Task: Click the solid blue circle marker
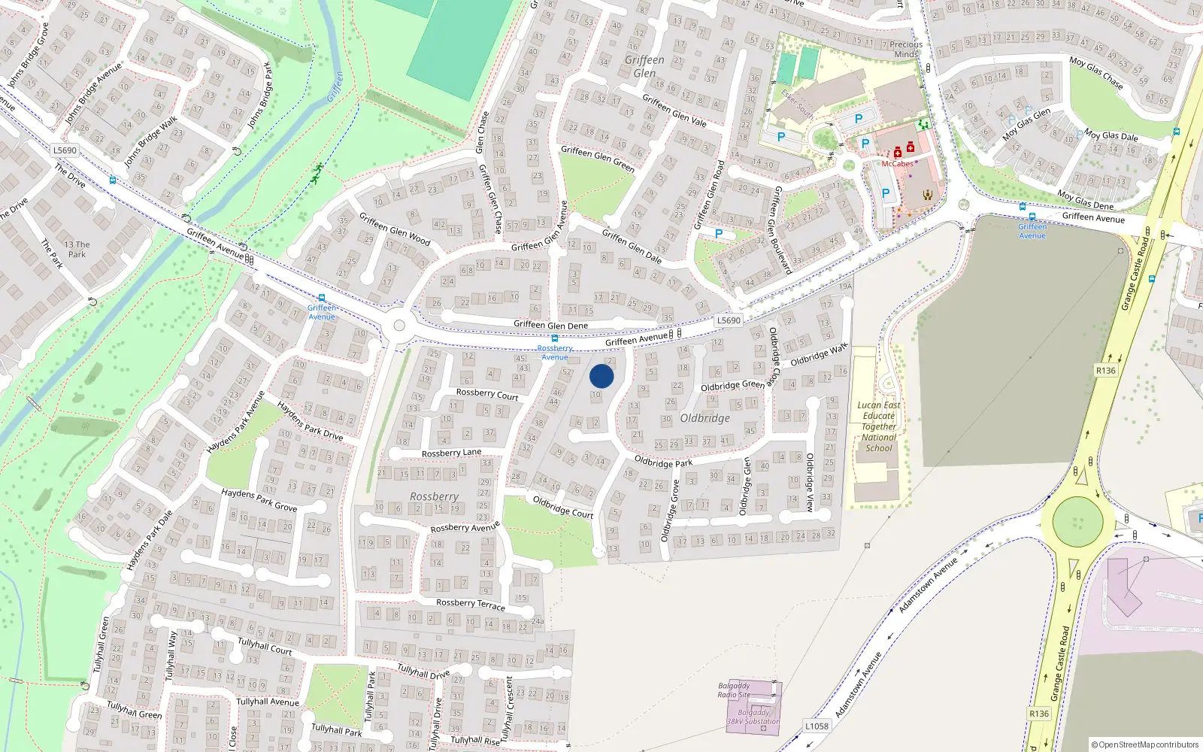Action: [x=601, y=376]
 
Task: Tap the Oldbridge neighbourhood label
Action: [x=705, y=418]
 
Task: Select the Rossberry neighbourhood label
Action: [x=434, y=496]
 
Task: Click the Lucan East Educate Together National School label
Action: [x=879, y=426]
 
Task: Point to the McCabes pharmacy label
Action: [x=897, y=164]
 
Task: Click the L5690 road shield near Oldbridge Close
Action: [x=728, y=320]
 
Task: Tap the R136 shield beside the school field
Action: [x=1105, y=371]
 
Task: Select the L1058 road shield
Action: [x=817, y=726]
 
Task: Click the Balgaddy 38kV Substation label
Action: [x=753, y=717]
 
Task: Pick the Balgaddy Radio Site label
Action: [x=734, y=690]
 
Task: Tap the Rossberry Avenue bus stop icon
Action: [x=555, y=339]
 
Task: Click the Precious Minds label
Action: [x=906, y=49]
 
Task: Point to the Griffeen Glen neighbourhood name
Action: [x=644, y=66]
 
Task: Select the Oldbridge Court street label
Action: [x=563, y=507]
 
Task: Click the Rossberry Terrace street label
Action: [x=471, y=604]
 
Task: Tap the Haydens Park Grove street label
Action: [x=259, y=499]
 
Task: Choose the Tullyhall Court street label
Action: [x=265, y=646]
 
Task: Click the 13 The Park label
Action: [x=77, y=249]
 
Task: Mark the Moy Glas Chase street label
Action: [x=1096, y=73]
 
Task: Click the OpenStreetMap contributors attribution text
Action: [x=1144, y=744]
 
